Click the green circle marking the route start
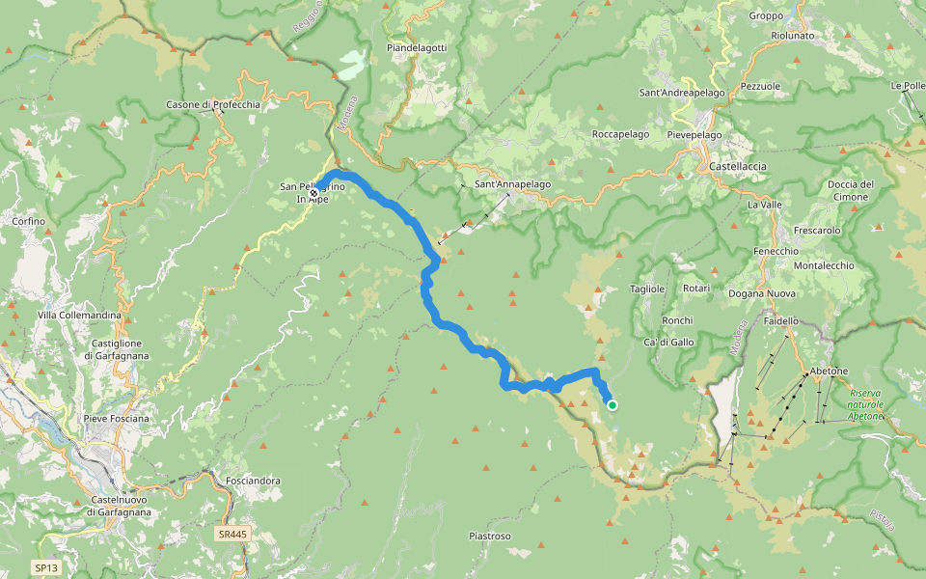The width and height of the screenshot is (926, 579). pos(612,405)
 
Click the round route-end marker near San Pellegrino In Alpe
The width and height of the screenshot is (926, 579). pos(313,193)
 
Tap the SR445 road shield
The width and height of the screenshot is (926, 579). pos(231,533)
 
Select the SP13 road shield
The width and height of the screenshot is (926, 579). pos(45,568)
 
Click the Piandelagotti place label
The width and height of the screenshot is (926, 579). pos(416,47)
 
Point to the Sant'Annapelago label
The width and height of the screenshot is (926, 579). pos(512,184)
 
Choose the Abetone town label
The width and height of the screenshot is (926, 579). pos(829,371)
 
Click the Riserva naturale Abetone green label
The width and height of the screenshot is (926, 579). pos(865,404)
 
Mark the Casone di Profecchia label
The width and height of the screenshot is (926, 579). pos(213,104)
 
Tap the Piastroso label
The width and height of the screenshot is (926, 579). pos(489,536)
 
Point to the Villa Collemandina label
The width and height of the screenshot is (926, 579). pos(79,316)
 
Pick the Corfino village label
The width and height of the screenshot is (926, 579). pos(29,221)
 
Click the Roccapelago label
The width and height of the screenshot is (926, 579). pos(620,134)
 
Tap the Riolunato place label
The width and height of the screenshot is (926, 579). pos(793,36)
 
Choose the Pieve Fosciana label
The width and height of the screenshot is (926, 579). pos(117,418)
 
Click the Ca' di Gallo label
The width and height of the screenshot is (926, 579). pos(667,343)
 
